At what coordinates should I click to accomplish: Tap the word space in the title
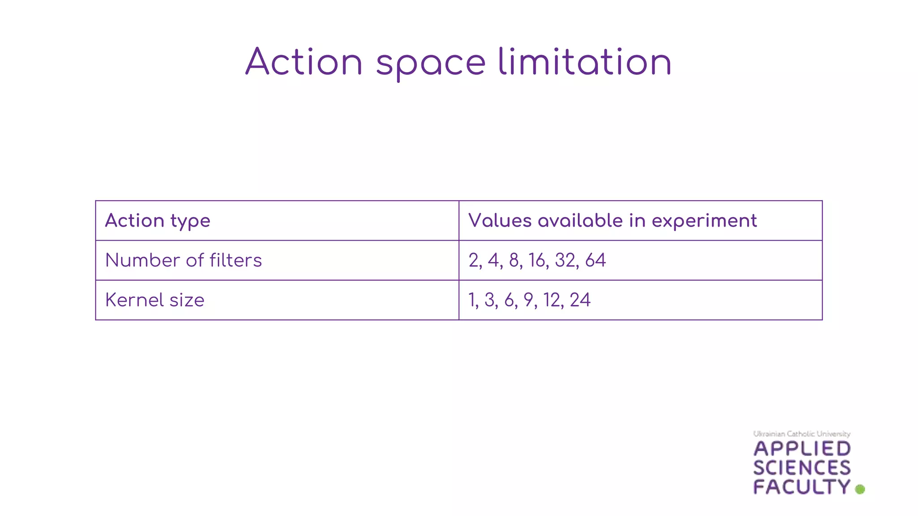tap(431, 64)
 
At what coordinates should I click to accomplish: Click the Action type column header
tap(157, 221)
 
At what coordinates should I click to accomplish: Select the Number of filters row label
tap(183, 260)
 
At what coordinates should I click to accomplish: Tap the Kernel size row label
tap(155, 300)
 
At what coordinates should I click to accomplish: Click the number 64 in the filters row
tap(595, 260)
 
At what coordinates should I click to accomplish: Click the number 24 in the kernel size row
tap(580, 300)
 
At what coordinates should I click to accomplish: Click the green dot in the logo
tap(860, 489)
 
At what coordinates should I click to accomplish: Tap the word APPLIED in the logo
tap(802, 449)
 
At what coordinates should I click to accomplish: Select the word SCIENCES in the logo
tap(802, 468)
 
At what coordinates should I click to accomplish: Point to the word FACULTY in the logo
tap(802, 487)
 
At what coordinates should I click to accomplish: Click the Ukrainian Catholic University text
tap(801, 434)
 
